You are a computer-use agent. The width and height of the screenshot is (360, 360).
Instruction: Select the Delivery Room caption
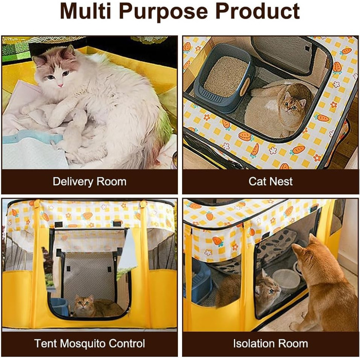coord(89,182)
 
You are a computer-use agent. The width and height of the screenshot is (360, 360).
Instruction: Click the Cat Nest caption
coord(271,182)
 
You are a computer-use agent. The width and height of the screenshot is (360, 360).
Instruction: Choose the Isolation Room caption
coord(271,344)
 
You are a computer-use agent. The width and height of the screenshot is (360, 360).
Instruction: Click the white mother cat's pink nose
coord(60,85)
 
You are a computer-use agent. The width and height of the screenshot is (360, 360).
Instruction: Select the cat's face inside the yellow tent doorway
coord(83,303)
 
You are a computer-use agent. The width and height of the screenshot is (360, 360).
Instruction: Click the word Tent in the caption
coord(46,344)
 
